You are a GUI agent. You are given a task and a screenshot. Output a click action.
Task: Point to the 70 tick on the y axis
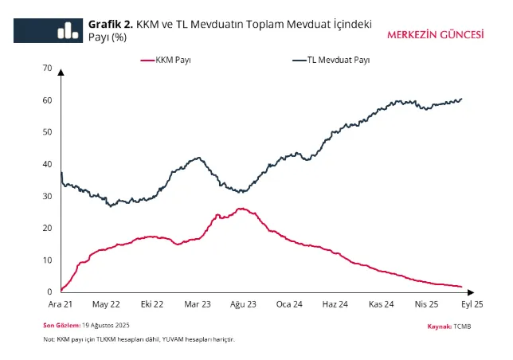(47, 68)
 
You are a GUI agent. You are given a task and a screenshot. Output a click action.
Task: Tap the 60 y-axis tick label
(47, 100)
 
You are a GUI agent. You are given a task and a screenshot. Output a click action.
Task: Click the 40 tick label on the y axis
(47, 164)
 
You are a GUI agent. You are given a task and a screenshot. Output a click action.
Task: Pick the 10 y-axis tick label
(47, 260)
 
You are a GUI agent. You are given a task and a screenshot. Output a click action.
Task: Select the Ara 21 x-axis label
(61, 304)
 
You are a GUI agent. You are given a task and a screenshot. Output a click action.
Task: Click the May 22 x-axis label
(107, 304)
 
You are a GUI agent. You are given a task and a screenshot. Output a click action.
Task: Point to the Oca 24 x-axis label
(290, 304)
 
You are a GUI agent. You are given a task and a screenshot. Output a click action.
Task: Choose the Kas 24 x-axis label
(382, 304)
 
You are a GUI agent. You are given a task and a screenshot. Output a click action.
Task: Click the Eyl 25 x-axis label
(472, 304)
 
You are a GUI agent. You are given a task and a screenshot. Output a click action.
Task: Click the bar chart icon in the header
(68, 29)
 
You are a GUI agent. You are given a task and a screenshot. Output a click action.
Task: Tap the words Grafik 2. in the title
(109, 25)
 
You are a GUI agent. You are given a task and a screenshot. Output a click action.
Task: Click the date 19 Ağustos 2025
(106, 326)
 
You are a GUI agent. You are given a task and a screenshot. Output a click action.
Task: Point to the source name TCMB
(463, 327)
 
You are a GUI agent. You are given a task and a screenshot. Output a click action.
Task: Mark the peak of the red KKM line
(240, 209)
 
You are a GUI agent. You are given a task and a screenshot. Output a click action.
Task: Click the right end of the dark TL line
(462, 99)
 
